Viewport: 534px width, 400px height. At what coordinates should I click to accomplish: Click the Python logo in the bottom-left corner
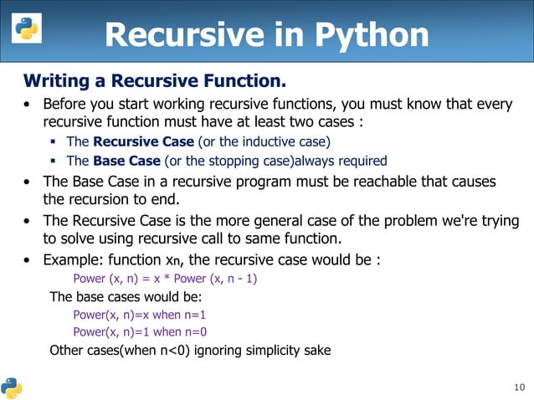point(12,387)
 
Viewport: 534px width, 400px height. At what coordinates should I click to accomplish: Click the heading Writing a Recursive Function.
point(155,81)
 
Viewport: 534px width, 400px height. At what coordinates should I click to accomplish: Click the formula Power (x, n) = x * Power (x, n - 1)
point(165,279)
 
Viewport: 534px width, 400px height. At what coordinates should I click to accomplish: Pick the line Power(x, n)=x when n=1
point(139,315)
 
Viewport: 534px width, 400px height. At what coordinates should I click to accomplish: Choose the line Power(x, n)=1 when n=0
point(139,332)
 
